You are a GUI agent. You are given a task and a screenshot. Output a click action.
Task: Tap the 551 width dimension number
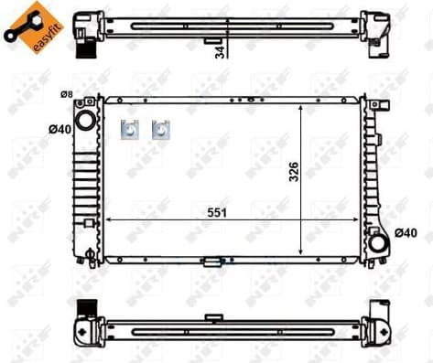click(x=218, y=211)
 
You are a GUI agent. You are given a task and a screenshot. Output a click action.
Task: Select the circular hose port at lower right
click(x=377, y=244)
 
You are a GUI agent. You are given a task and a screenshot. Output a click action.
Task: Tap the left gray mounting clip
click(x=129, y=130)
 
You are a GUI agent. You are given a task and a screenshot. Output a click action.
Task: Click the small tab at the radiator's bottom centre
click(x=213, y=262)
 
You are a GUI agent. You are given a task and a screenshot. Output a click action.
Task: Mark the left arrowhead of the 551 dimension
click(x=110, y=220)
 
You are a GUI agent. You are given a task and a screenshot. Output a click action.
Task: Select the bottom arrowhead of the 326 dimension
click(x=303, y=251)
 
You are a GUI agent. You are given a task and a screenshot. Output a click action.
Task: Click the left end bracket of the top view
click(x=88, y=25)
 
